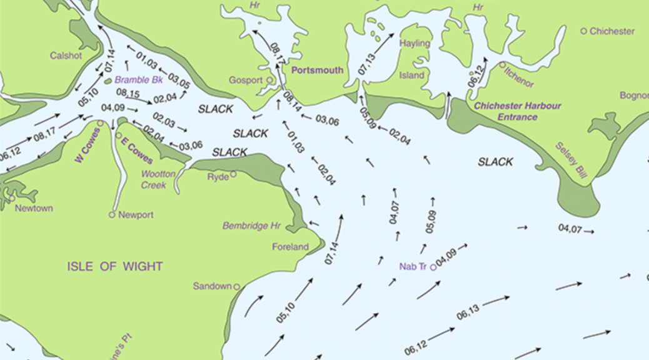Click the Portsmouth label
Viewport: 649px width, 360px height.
[318, 70]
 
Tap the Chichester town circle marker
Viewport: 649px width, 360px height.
[584, 31]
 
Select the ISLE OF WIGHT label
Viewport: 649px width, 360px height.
[115, 266]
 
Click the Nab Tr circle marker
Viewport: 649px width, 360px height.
[433, 267]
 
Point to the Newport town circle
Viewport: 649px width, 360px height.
[112, 214]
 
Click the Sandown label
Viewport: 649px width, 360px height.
[211, 286]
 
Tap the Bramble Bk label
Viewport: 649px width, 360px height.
[139, 80]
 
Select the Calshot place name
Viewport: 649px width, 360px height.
[66, 55]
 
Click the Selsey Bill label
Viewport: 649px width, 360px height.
[570, 161]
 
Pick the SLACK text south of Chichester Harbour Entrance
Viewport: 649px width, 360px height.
[495, 162]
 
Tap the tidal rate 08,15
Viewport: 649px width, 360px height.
[128, 94]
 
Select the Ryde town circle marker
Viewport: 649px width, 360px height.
[233, 174]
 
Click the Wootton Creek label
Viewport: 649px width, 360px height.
[154, 179]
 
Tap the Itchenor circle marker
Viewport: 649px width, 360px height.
[501, 64]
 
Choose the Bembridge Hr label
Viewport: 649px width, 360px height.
[252, 226]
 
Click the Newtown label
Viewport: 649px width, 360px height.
[34, 208]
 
